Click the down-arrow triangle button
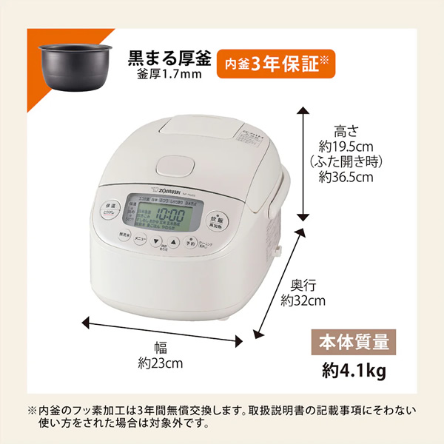156,241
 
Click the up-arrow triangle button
173,241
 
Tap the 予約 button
190,242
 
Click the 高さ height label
346,131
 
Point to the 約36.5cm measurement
346,177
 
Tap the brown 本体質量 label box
347,343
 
